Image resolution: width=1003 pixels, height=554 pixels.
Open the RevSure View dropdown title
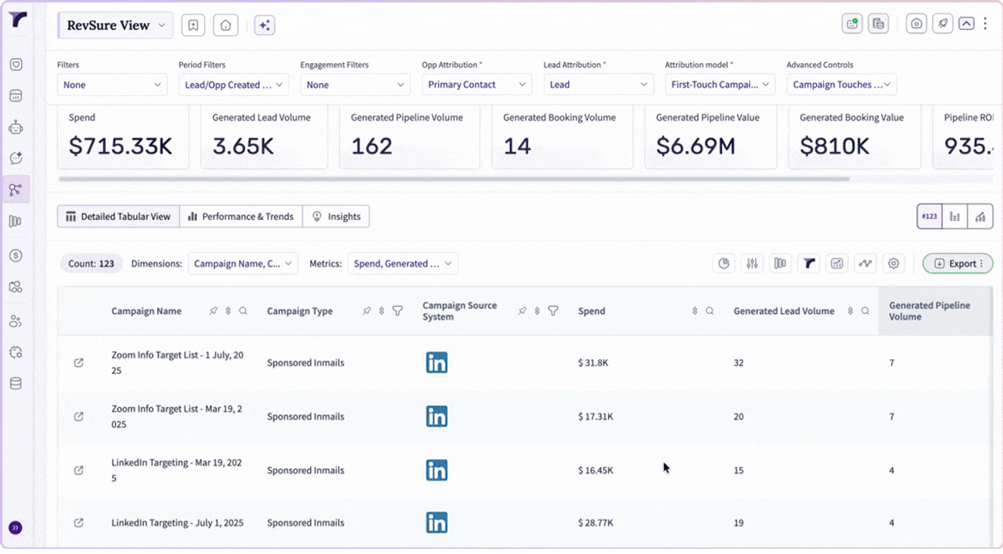pyautogui.click(x=115, y=25)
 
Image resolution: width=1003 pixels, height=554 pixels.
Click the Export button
pyautogui.click(x=957, y=263)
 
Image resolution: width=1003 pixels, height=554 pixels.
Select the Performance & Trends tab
pyautogui.click(x=241, y=216)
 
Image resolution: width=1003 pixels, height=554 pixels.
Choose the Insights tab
pyautogui.click(x=336, y=216)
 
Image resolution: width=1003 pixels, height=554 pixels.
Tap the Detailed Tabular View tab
pyautogui.click(x=119, y=216)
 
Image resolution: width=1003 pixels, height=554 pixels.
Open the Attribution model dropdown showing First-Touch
pyautogui.click(x=720, y=84)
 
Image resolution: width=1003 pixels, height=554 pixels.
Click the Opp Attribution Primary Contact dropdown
pyautogui.click(x=477, y=84)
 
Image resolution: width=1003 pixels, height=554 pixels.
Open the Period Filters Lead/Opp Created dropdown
pyautogui.click(x=234, y=84)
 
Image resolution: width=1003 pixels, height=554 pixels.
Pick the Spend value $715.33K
pyautogui.click(x=120, y=146)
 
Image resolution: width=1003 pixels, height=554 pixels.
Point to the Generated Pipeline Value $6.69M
pyautogui.click(x=696, y=146)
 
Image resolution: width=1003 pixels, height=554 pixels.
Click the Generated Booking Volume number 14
pyautogui.click(x=517, y=146)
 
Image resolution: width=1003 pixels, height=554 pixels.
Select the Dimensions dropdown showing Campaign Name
pyautogui.click(x=243, y=263)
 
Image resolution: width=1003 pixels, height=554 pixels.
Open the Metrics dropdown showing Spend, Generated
pyautogui.click(x=403, y=263)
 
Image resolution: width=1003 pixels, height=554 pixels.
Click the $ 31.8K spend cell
pyautogui.click(x=593, y=363)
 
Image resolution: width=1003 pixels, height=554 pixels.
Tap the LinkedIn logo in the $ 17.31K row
pyautogui.click(x=436, y=416)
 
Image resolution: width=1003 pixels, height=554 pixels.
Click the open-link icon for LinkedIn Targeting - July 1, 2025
pyautogui.click(x=78, y=522)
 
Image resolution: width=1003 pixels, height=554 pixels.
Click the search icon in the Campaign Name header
pyautogui.click(x=243, y=311)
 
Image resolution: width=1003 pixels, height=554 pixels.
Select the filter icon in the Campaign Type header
pyautogui.click(x=397, y=311)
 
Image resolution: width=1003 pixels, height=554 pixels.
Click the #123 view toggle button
pyautogui.click(x=929, y=216)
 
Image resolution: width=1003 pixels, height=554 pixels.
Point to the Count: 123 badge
pyautogui.click(x=91, y=263)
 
